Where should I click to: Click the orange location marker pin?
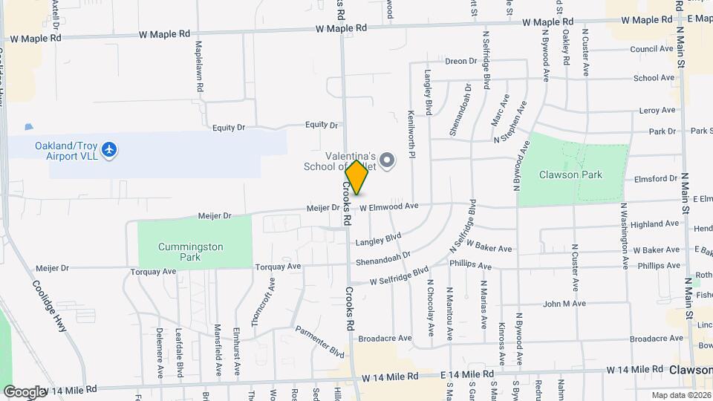(357, 177)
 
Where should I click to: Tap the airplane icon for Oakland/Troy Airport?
(110, 150)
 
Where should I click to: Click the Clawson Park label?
(571, 175)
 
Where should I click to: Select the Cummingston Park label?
(180, 252)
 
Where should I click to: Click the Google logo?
(25, 391)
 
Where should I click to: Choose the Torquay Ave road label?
(277, 266)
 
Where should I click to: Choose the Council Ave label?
(651, 50)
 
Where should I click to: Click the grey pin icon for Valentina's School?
(387, 160)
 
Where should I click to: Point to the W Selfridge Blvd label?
(400, 277)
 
